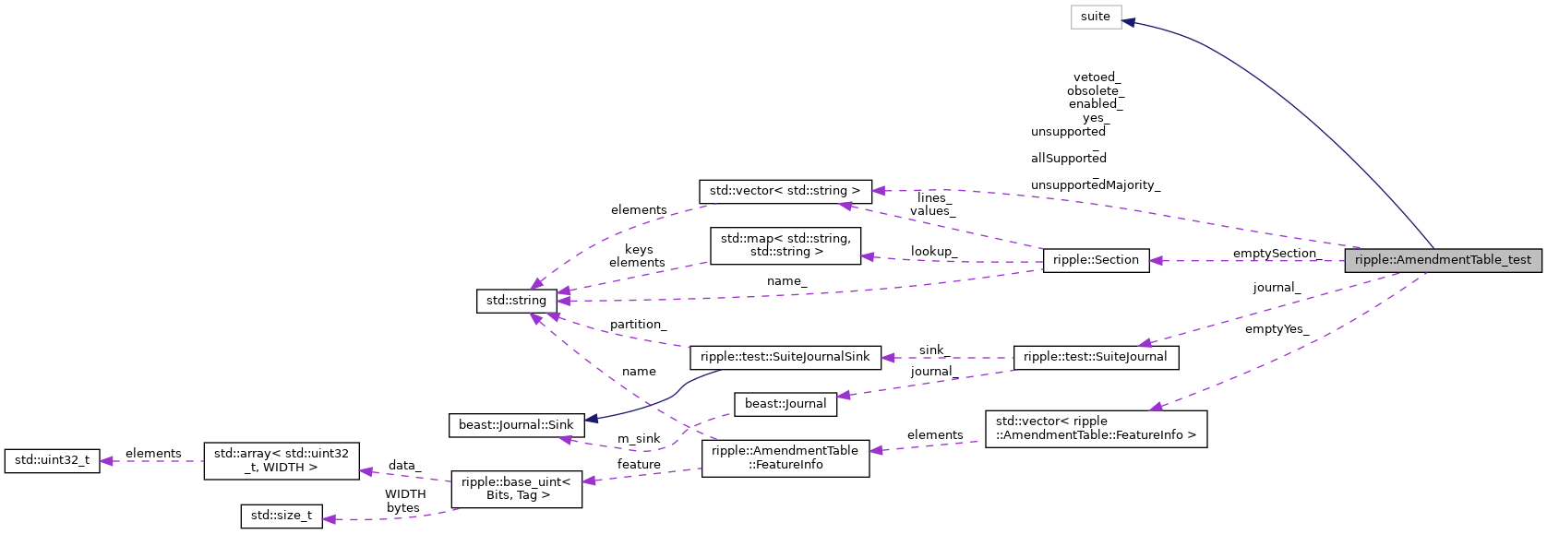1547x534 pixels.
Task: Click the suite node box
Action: tap(1096, 17)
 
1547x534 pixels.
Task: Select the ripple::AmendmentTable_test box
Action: tap(1442, 260)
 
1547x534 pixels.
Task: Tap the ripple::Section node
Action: tap(1096, 260)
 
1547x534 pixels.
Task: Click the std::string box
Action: tap(516, 301)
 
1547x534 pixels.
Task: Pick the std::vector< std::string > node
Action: tap(785, 191)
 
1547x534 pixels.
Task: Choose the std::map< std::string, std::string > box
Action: tap(785, 245)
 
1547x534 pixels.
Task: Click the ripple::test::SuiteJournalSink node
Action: tap(785, 357)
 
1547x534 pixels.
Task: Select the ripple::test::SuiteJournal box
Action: tap(1096, 357)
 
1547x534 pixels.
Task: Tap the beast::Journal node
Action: tap(785, 404)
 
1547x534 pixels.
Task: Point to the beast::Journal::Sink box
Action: tap(516, 425)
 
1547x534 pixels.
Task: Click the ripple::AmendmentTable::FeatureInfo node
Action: tap(785, 458)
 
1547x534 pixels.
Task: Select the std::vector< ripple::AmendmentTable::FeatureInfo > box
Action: tap(1096, 429)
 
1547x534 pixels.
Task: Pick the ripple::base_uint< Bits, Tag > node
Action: tap(516, 489)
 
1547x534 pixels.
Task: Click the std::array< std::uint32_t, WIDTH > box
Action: tap(281, 460)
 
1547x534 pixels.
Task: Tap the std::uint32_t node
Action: tap(52, 460)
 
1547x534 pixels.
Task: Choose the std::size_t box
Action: tap(281, 516)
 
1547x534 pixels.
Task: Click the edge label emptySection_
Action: tap(1276, 254)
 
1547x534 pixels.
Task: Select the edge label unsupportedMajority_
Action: tap(1095, 185)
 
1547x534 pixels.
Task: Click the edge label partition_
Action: tap(638, 325)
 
